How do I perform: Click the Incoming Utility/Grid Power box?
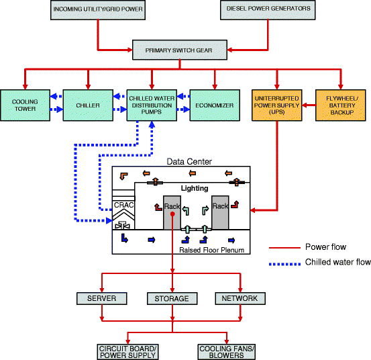[97, 10]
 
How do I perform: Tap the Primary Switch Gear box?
[180, 49]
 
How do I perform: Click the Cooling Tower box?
[25, 105]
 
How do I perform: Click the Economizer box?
[214, 105]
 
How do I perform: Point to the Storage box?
[172, 298]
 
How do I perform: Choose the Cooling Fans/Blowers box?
[226, 351]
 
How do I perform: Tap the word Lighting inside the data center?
[195, 189]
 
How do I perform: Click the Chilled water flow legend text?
[337, 263]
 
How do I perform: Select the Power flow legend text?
[325, 247]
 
